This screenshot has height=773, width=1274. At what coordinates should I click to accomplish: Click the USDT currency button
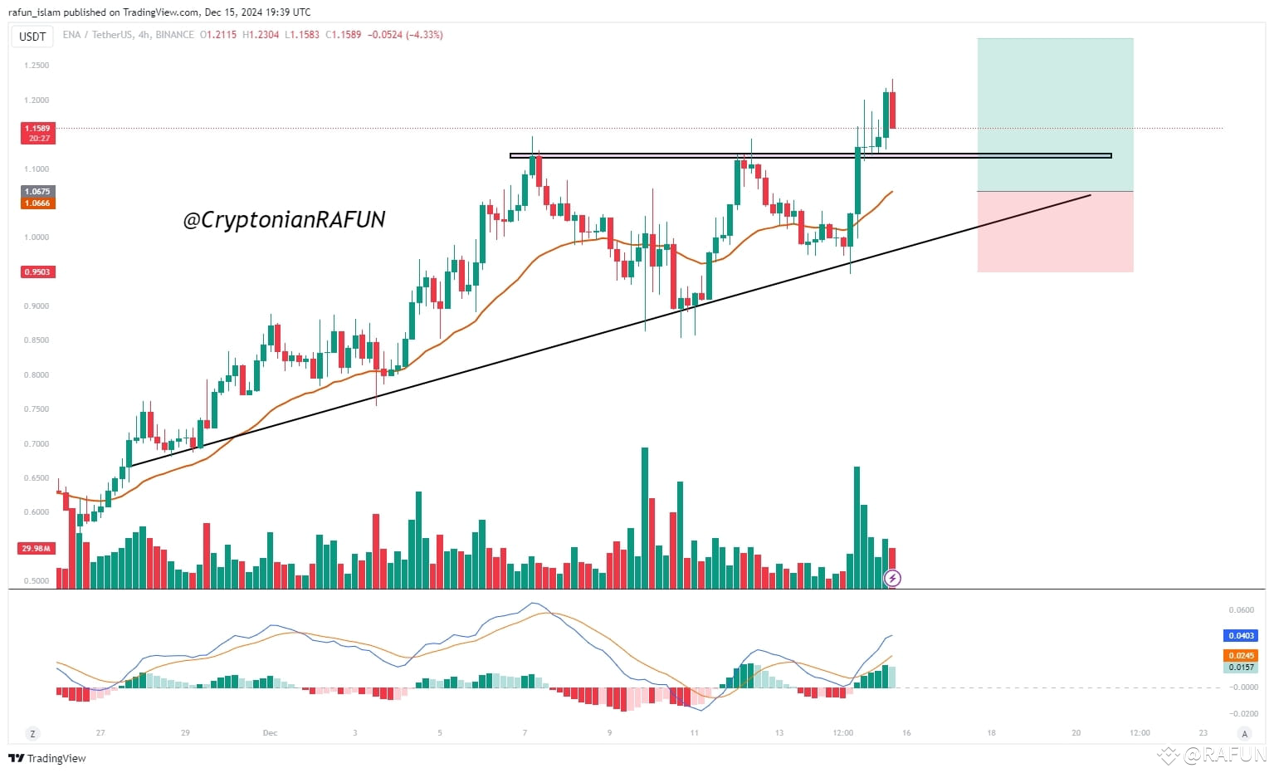pyautogui.click(x=32, y=37)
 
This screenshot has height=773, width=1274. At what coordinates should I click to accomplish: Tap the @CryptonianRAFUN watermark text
pyautogui.click(x=284, y=219)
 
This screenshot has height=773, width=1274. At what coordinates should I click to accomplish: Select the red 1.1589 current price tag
pyautogui.click(x=37, y=129)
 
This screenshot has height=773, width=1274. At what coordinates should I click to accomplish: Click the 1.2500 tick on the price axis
pyautogui.click(x=37, y=66)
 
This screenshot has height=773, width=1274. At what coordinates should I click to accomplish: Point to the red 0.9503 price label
pyautogui.click(x=37, y=272)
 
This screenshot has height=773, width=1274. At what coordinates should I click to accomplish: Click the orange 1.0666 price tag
pyautogui.click(x=37, y=203)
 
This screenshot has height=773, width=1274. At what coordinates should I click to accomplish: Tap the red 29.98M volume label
pyautogui.click(x=37, y=549)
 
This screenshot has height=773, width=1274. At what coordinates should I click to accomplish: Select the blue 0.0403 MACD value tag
pyautogui.click(x=1241, y=636)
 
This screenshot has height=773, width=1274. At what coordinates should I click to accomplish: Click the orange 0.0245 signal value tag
pyautogui.click(x=1241, y=656)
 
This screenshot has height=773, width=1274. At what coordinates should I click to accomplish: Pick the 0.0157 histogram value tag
pyautogui.click(x=1241, y=668)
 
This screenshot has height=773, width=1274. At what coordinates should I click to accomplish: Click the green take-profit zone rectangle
pyautogui.click(x=1055, y=115)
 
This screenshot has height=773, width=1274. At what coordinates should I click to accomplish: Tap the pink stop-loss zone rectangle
pyautogui.click(x=1055, y=232)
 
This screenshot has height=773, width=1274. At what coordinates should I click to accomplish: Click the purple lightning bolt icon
pyautogui.click(x=892, y=578)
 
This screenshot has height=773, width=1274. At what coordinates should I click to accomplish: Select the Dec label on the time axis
pyautogui.click(x=270, y=733)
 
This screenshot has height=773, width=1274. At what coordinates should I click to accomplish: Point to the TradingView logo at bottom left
pyautogui.click(x=47, y=758)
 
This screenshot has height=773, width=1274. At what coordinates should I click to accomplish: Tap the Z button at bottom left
pyautogui.click(x=32, y=734)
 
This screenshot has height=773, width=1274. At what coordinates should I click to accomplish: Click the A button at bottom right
pyautogui.click(x=1243, y=734)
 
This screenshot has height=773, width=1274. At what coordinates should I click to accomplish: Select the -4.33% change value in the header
pyautogui.click(x=425, y=35)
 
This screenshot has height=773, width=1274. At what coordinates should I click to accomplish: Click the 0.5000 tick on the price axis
pyautogui.click(x=37, y=581)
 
